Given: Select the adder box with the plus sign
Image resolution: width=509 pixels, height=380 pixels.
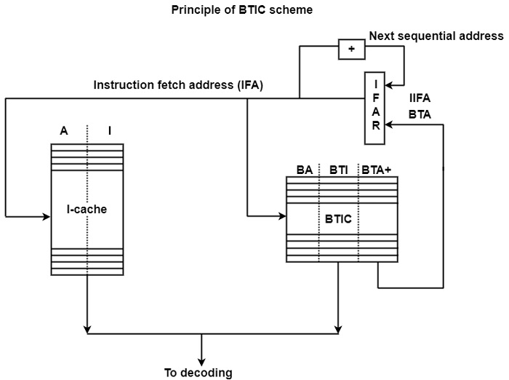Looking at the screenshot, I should point(352,49).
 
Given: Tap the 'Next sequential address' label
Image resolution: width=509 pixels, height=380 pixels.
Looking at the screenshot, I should point(436,36).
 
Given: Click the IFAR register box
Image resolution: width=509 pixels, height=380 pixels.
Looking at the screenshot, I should point(376,108).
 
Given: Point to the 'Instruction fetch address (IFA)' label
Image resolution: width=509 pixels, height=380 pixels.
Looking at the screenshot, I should point(178,85).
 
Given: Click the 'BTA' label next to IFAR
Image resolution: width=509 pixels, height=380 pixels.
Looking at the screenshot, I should point(420,115).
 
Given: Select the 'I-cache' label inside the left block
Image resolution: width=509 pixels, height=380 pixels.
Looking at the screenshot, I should point(87,210).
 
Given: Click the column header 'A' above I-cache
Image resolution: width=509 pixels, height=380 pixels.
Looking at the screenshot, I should point(64,131).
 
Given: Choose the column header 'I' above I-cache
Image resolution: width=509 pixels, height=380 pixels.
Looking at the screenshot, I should point(110,131).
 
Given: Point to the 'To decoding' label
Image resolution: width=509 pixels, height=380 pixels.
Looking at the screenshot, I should point(198,373).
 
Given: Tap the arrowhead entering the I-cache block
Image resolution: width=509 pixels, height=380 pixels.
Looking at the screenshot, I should point(47,216).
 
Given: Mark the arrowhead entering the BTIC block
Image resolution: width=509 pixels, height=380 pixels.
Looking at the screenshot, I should point(282,216).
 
